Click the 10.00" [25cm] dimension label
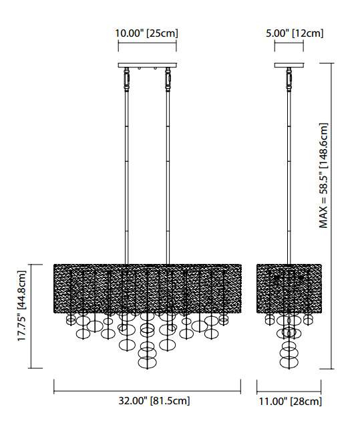[x=146, y=33]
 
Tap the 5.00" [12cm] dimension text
[x=295, y=33]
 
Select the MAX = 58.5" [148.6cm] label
[x=323, y=176]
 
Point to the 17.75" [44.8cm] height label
[x=21, y=306]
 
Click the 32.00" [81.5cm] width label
[x=154, y=401]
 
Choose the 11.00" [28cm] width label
[x=290, y=402]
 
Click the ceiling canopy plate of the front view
[x=147, y=65]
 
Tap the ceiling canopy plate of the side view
[x=289, y=65]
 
